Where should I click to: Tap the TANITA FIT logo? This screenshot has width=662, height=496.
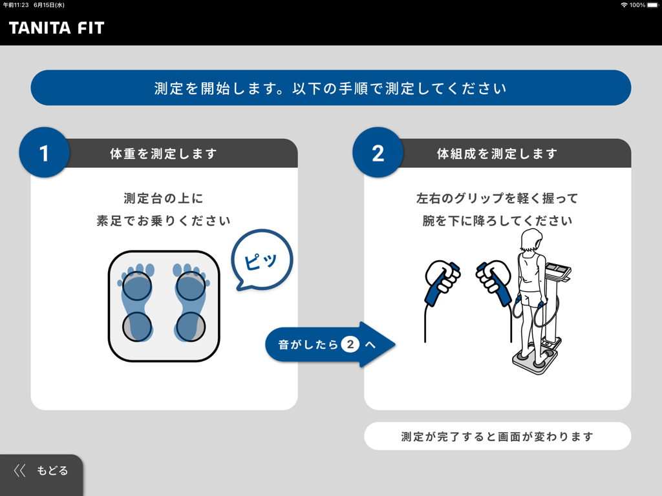(56, 28)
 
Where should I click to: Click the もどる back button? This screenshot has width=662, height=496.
(41, 471)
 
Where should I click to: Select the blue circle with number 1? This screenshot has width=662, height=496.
(44, 153)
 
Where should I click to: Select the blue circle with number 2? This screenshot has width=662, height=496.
(378, 153)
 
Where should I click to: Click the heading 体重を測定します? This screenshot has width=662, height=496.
(164, 154)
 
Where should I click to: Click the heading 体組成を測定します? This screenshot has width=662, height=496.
(496, 154)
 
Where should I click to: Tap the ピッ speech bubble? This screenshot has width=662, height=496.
(262, 260)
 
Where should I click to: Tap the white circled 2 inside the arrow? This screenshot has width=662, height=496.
(350, 345)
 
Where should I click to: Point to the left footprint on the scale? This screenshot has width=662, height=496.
(137, 302)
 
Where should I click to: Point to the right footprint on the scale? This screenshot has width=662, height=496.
(190, 302)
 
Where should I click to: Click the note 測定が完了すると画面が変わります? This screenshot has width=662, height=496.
(497, 437)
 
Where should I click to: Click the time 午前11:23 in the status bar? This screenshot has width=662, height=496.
(16, 5)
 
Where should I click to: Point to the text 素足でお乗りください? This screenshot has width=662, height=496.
(164, 221)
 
